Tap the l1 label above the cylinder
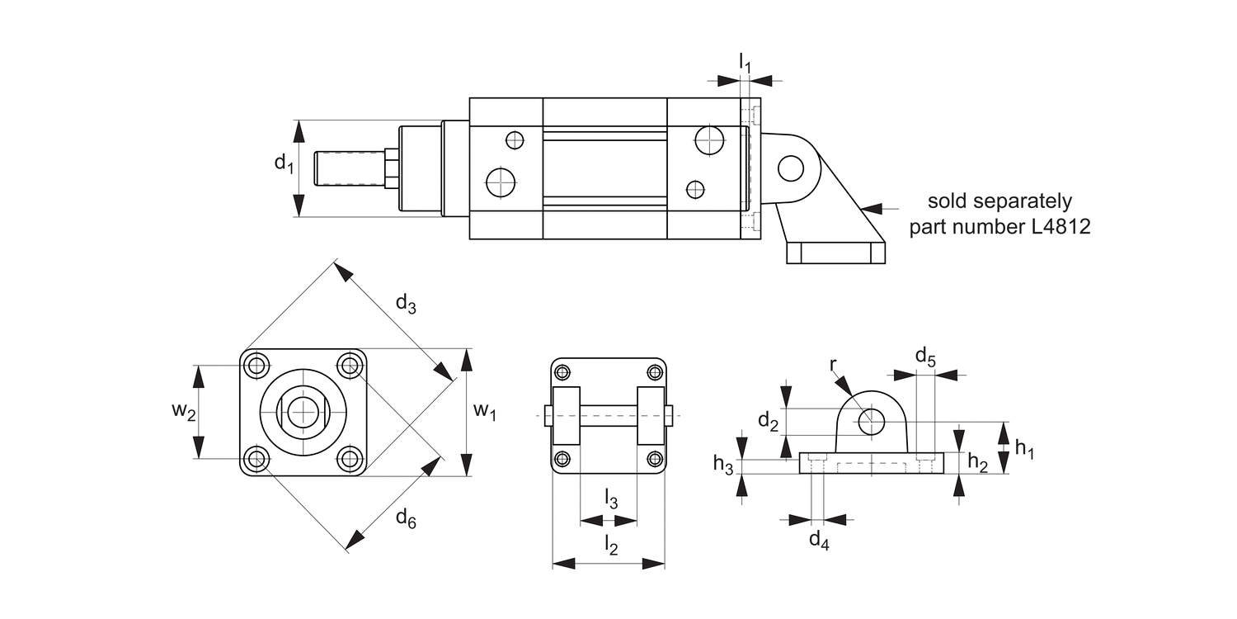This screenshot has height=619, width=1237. click(745, 62)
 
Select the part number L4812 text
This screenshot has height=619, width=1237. click(999, 227)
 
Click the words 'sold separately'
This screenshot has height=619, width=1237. click(999, 201)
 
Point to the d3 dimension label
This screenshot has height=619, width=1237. click(406, 304)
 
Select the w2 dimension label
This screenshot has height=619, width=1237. click(184, 411)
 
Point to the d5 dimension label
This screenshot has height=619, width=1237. click(925, 357)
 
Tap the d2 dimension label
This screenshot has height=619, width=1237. click(768, 422)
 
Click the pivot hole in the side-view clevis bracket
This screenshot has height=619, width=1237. click(790, 168)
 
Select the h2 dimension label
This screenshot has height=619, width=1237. click(977, 463)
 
